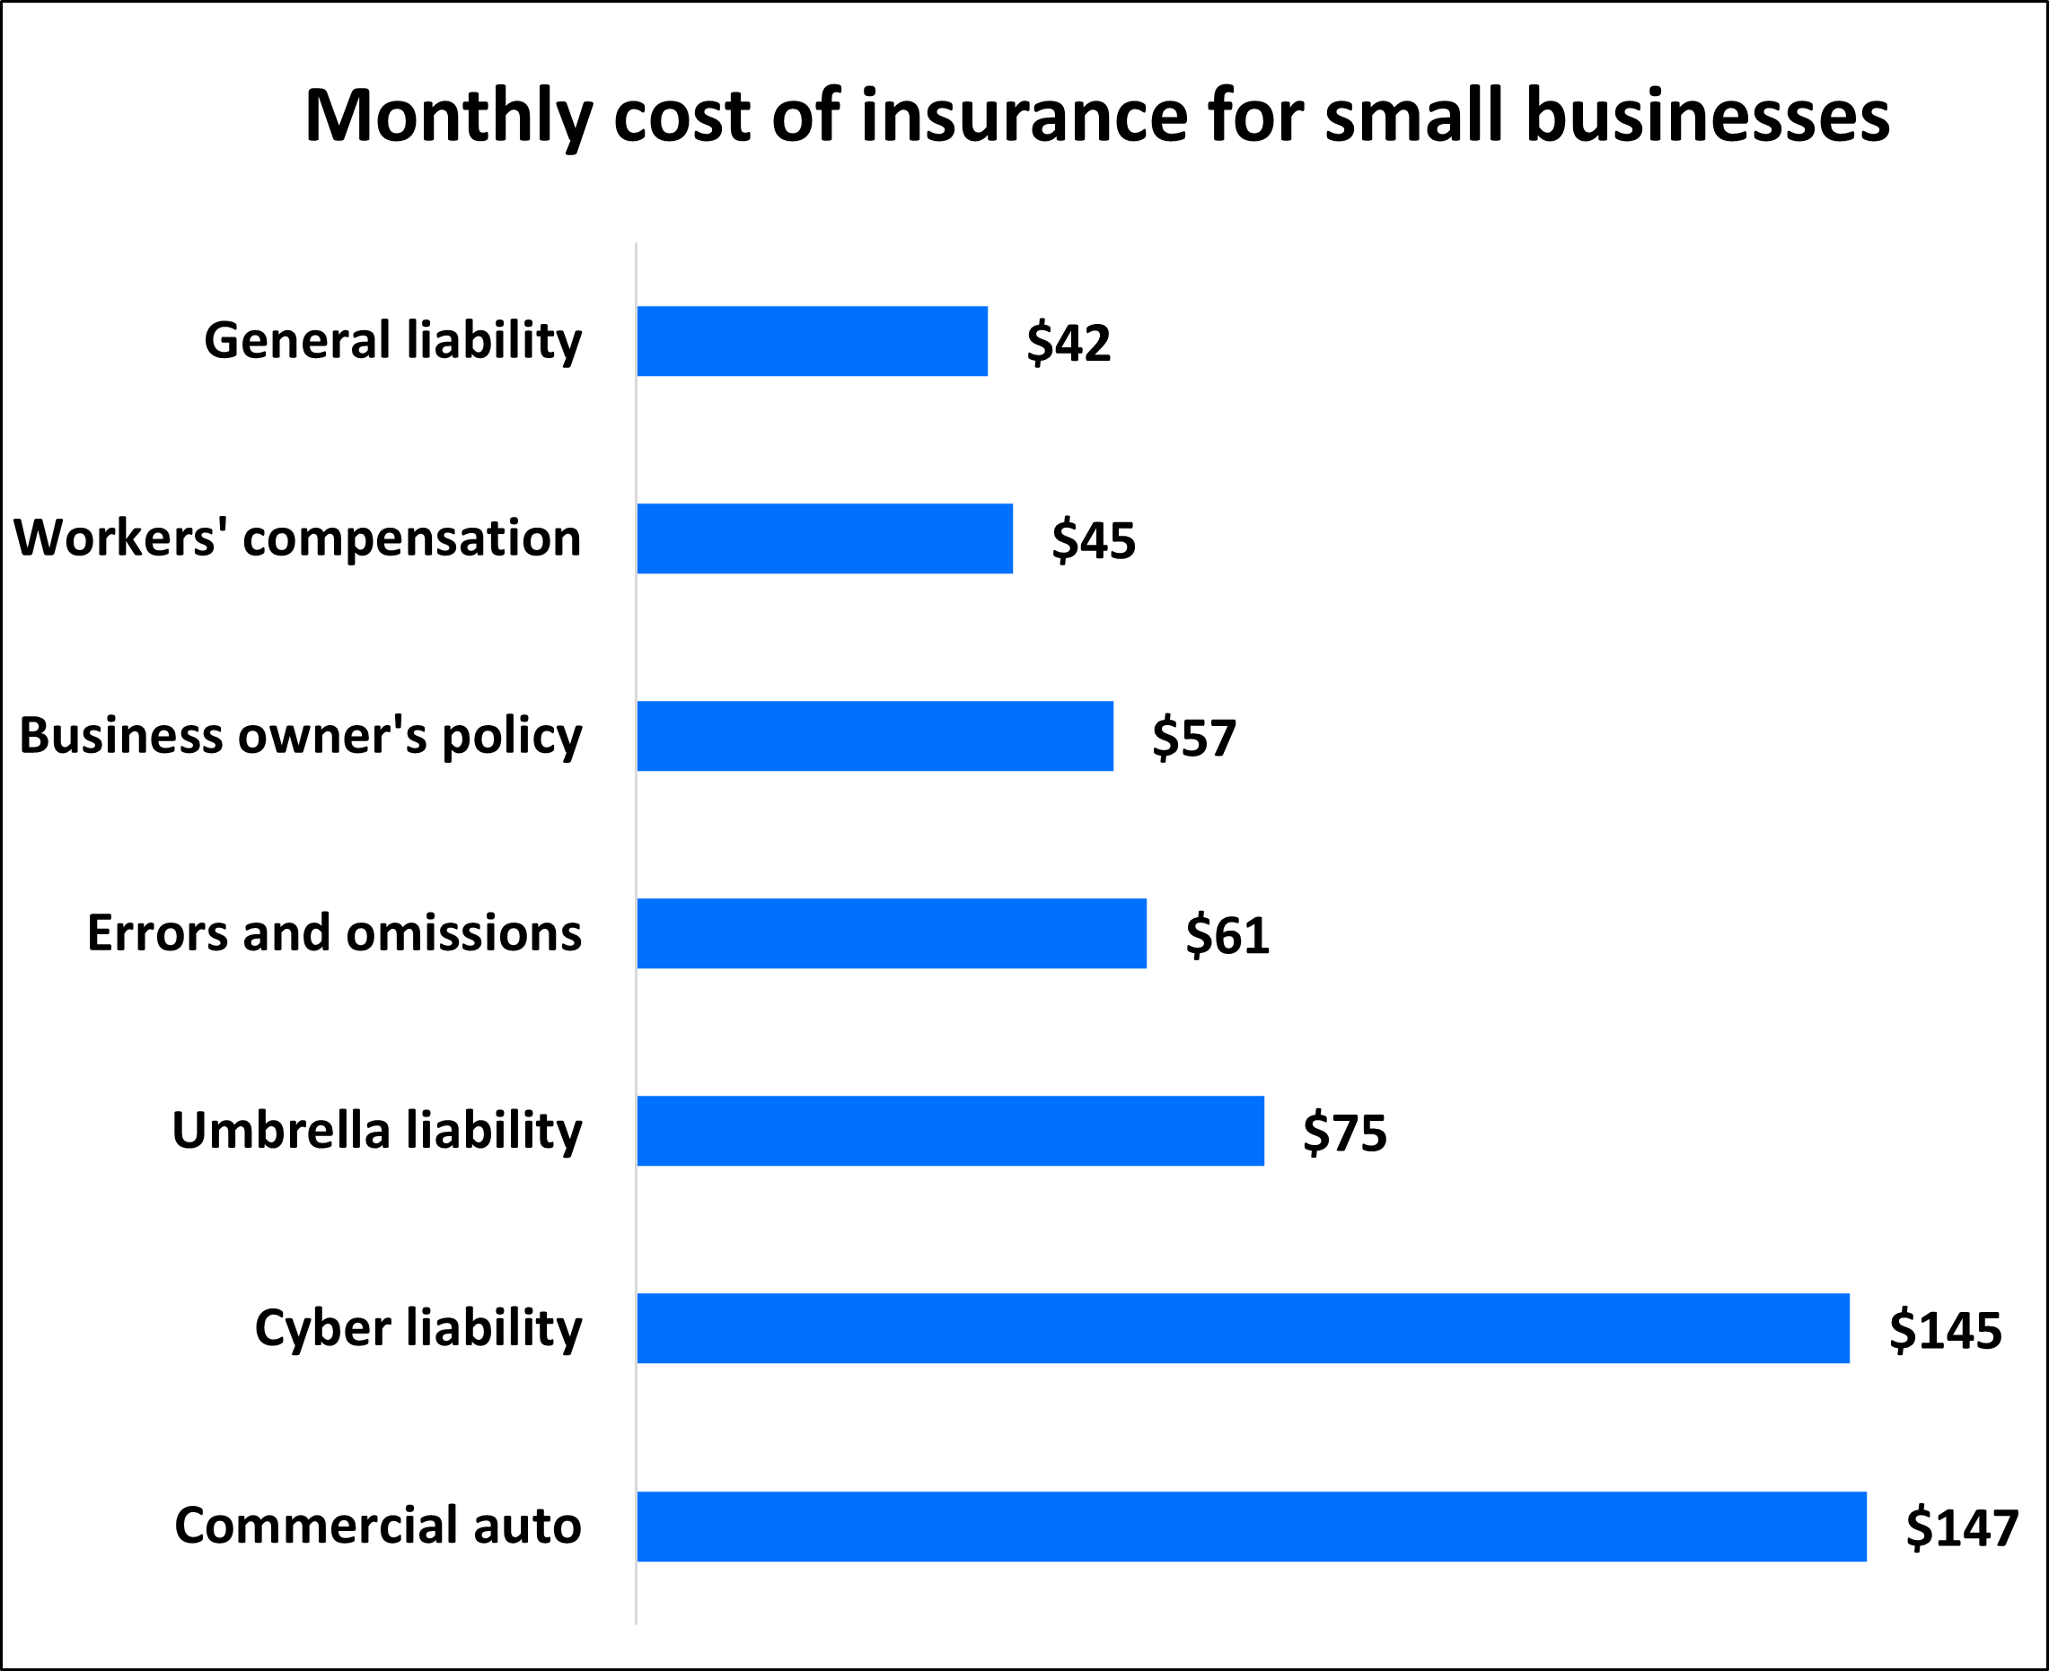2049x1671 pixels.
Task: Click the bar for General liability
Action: pos(812,341)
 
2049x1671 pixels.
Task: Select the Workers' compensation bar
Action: pos(824,538)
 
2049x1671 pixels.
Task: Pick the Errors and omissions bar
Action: pos(892,932)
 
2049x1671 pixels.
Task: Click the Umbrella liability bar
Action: pos(950,1130)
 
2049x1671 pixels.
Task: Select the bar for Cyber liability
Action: pos(1243,1327)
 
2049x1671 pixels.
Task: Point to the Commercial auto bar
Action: pos(1252,1526)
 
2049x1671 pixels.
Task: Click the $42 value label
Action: pos(1068,343)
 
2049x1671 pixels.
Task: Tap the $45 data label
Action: pos(1093,540)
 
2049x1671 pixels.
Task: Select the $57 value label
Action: pos(1194,739)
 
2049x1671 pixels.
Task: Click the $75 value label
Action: pos(1344,1132)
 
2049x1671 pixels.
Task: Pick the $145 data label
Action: pos(1945,1330)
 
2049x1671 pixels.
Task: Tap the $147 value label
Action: pos(1961,1527)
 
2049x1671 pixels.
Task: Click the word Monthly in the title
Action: pos(448,118)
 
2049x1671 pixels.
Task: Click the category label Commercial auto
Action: pos(377,1526)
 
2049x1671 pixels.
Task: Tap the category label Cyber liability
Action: pos(418,1328)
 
